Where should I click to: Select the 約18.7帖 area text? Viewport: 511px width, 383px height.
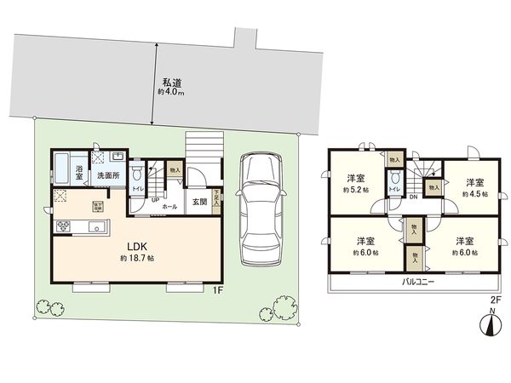pyautogui.click(x=138, y=257)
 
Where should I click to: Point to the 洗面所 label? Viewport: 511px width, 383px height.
pyautogui.click(x=107, y=175)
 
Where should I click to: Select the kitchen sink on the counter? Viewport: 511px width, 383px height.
pyautogui.click(x=95, y=226)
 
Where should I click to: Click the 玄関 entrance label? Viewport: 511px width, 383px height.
pyautogui.click(x=199, y=202)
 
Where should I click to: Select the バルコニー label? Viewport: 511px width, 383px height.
pyautogui.click(x=411, y=282)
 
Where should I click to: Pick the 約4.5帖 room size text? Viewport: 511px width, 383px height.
pyautogui.click(x=475, y=194)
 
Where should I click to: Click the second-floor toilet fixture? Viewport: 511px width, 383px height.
pyautogui.click(x=394, y=180)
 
